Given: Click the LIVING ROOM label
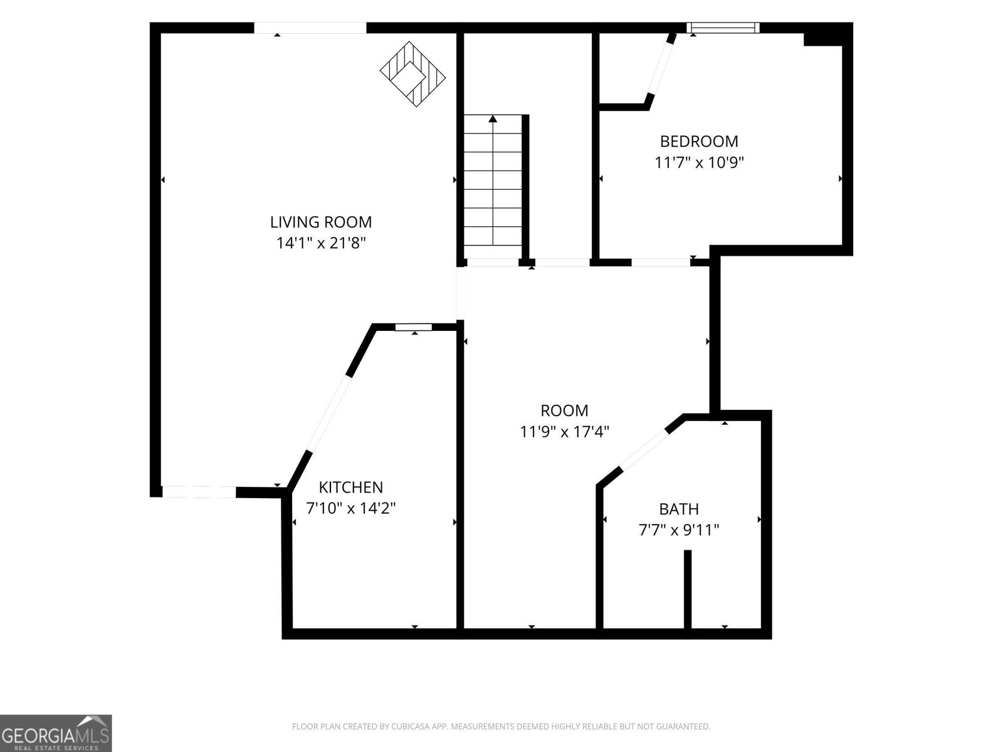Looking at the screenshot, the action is click(x=321, y=222).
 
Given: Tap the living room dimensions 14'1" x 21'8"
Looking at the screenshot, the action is click(x=321, y=243).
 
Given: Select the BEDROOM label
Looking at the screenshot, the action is click(x=699, y=142).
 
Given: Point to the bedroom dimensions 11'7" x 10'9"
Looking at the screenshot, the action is click(x=699, y=162).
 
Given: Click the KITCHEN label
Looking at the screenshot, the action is click(x=350, y=488).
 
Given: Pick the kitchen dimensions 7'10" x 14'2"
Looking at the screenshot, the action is click(x=350, y=508).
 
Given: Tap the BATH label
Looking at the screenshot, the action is click(x=678, y=509).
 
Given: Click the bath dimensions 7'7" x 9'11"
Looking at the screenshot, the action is click(x=678, y=530).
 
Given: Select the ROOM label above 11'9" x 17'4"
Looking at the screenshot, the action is click(x=564, y=411).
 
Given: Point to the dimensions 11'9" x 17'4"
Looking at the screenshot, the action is click(x=564, y=432).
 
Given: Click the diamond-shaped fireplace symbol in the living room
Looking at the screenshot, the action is click(x=412, y=74).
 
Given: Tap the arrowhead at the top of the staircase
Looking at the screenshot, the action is click(x=493, y=118).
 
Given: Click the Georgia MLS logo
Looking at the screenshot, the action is click(x=56, y=733).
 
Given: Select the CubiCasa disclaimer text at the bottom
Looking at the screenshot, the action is click(x=501, y=726).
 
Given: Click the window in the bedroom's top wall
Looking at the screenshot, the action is click(x=723, y=28).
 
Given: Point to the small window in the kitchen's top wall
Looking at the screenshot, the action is click(x=414, y=327).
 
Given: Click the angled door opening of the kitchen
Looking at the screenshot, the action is click(x=330, y=413).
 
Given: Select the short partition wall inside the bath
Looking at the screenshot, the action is click(x=687, y=590).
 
